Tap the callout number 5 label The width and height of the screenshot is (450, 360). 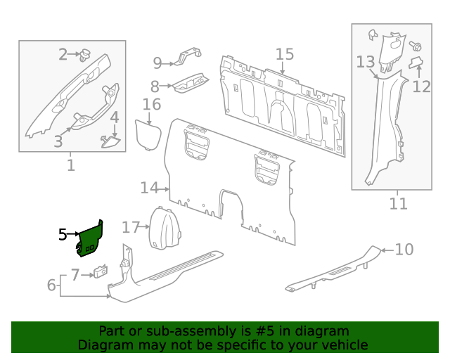pyautogui.click(x=63, y=235)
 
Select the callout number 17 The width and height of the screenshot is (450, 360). pyautogui.click(x=131, y=227)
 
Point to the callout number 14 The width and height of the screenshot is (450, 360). pyautogui.click(x=148, y=188)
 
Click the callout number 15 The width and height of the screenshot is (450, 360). pyautogui.click(x=284, y=54)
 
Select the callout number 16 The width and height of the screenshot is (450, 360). pyautogui.click(x=152, y=105)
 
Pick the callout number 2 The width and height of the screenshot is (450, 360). pyautogui.click(x=63, y=54)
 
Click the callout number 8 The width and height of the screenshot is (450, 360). pyautogui.click(x=155, y=86)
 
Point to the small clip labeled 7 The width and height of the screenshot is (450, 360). pyautogui.click(x=101, y=271)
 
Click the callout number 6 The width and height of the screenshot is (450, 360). pyautogui.click(x=51, y=285)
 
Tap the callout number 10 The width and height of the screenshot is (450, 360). pyautogui.click(x=404, y=249)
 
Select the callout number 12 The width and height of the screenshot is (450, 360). pyautogui.click(x=421, y=86)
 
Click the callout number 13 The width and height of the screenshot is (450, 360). pyautogui.click(x=365, y=62)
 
